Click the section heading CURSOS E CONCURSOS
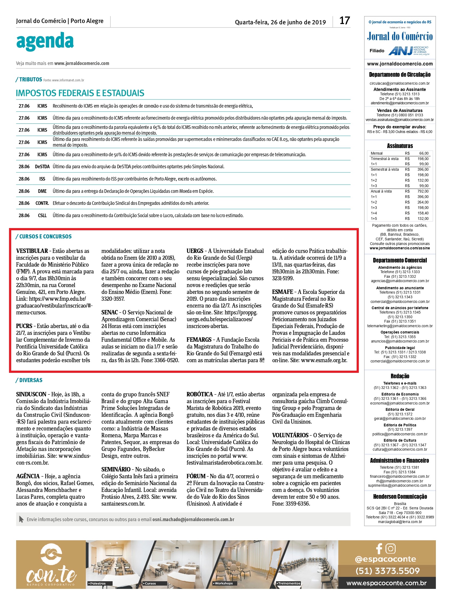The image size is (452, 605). (x=45, y=237)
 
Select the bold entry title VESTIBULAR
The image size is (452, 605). (x=32, y=251)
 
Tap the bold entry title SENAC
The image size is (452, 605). (x=109, y=312)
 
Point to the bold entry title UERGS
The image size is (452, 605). (x=195, y=251)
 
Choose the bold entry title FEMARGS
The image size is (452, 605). (x=199, y=340)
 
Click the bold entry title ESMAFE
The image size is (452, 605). (x=282, y=292)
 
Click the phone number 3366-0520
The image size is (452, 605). (x=167, y=360)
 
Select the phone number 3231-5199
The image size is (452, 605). (x=283, y=278)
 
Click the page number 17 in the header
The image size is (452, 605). (x=345, y=21)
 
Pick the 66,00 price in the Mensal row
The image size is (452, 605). (x=424, y=154)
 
